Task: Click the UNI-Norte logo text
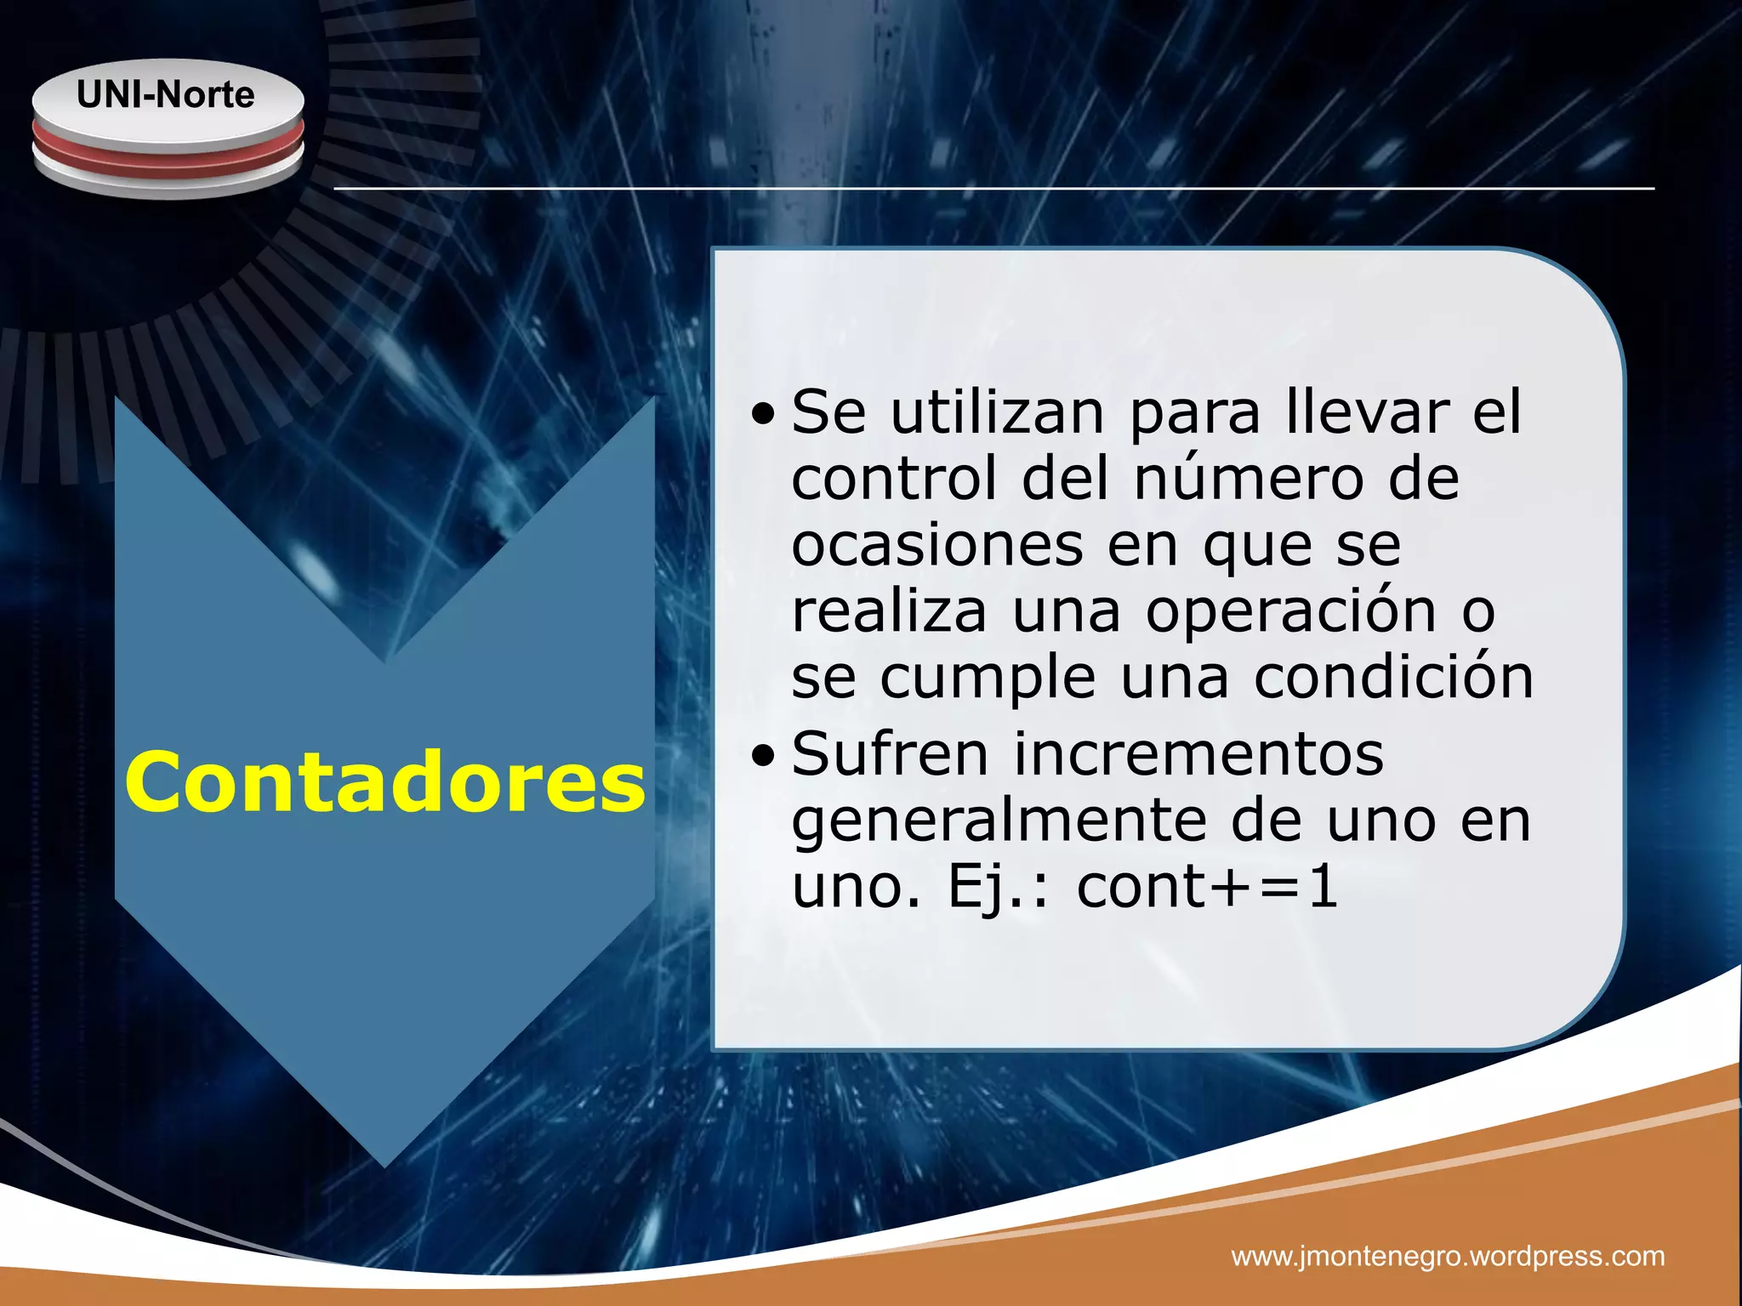pyautogui.click(x=166, y=94)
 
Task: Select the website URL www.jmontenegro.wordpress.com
pyautogui.click(x=1448, y=1255)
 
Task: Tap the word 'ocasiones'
pyautogui.click(x=937, y=545)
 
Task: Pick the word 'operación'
pyautogui.click(x=1290, y=612)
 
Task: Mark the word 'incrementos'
pyautogui.click(x=1198, y=755)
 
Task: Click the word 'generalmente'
pyautogui.click(x=999, y=823)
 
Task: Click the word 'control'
pyautogui.click(x=894, y=479)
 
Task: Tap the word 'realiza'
pyautogui.click(x=889, y=612)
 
